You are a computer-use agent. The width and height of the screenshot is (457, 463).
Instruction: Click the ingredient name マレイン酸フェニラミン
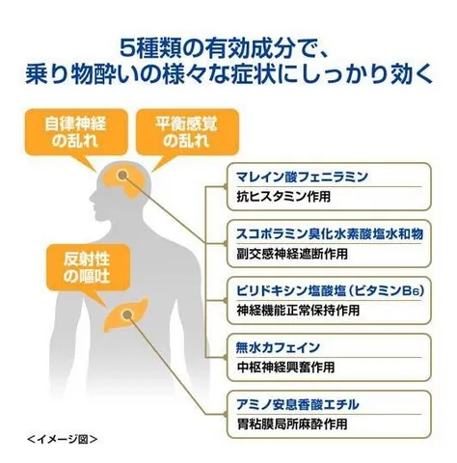pos(302,177)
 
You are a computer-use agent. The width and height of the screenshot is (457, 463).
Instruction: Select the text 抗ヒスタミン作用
pos(283,197)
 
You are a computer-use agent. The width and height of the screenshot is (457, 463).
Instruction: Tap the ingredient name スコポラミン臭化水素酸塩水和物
pos(330,234)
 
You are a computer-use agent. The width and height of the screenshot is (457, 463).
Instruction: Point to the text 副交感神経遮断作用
pos(292,254)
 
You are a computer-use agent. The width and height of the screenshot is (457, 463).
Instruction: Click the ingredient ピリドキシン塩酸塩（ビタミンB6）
pos(331,291)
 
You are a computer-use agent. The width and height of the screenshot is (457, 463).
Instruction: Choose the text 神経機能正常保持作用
pos(298,311)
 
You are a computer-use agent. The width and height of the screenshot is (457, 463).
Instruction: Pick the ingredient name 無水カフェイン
pos(278,347)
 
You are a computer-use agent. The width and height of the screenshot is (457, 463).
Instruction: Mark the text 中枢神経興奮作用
pos(285,368)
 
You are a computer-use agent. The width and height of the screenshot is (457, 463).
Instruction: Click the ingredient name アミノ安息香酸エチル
pos(297,404)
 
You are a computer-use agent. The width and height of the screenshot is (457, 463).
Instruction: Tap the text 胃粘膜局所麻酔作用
pos(292,424)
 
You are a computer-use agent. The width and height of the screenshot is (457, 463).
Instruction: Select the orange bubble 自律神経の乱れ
pos(76,132)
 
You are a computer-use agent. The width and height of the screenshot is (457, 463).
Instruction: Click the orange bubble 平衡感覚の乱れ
pos(187,132)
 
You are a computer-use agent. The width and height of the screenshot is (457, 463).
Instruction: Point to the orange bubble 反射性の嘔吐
pos(88,268)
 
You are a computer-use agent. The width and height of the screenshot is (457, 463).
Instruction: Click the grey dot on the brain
pos(122,175)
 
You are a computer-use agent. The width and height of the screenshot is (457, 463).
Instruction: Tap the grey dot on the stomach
pos(127,314)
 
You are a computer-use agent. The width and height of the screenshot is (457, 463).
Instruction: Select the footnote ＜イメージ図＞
pos(62,439)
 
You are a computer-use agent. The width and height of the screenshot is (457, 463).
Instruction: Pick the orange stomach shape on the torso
pos(126,314)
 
